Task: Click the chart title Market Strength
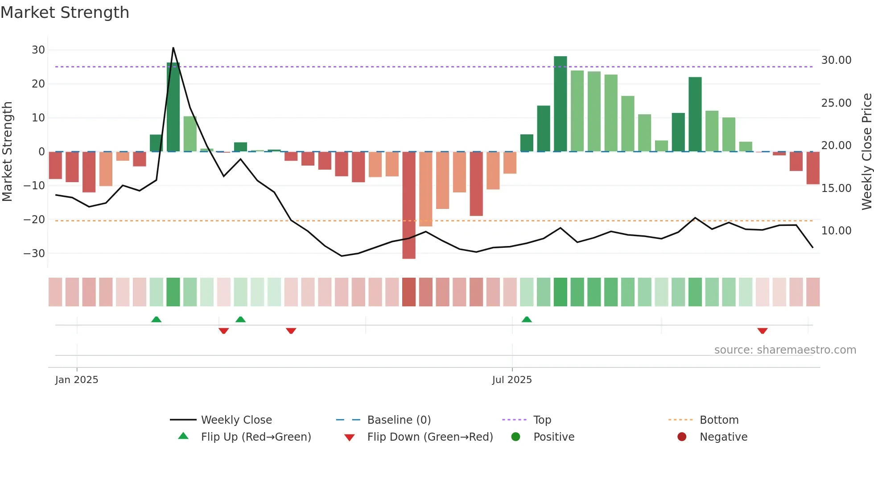point(65,13)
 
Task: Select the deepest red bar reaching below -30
point(408,205)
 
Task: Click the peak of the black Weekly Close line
point(173,48)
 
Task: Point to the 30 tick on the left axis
point(38,50)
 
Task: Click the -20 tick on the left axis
point(34,220)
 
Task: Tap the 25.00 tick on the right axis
point(836,103)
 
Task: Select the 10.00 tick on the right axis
point(836,231)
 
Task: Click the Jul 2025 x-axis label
point(512,380)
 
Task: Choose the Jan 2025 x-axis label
point(77,380)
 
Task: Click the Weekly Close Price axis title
point(866,152)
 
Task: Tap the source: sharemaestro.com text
point(785,350)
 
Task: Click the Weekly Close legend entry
point(236,420)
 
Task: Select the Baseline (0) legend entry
point(399,420)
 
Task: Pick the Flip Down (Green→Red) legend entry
point(429,437)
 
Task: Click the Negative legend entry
point(723,437)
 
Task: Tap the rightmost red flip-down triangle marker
point(762,331)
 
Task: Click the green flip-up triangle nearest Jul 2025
point(527,319)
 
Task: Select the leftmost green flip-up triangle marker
point(156,319)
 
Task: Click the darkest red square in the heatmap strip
point(408,292)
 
